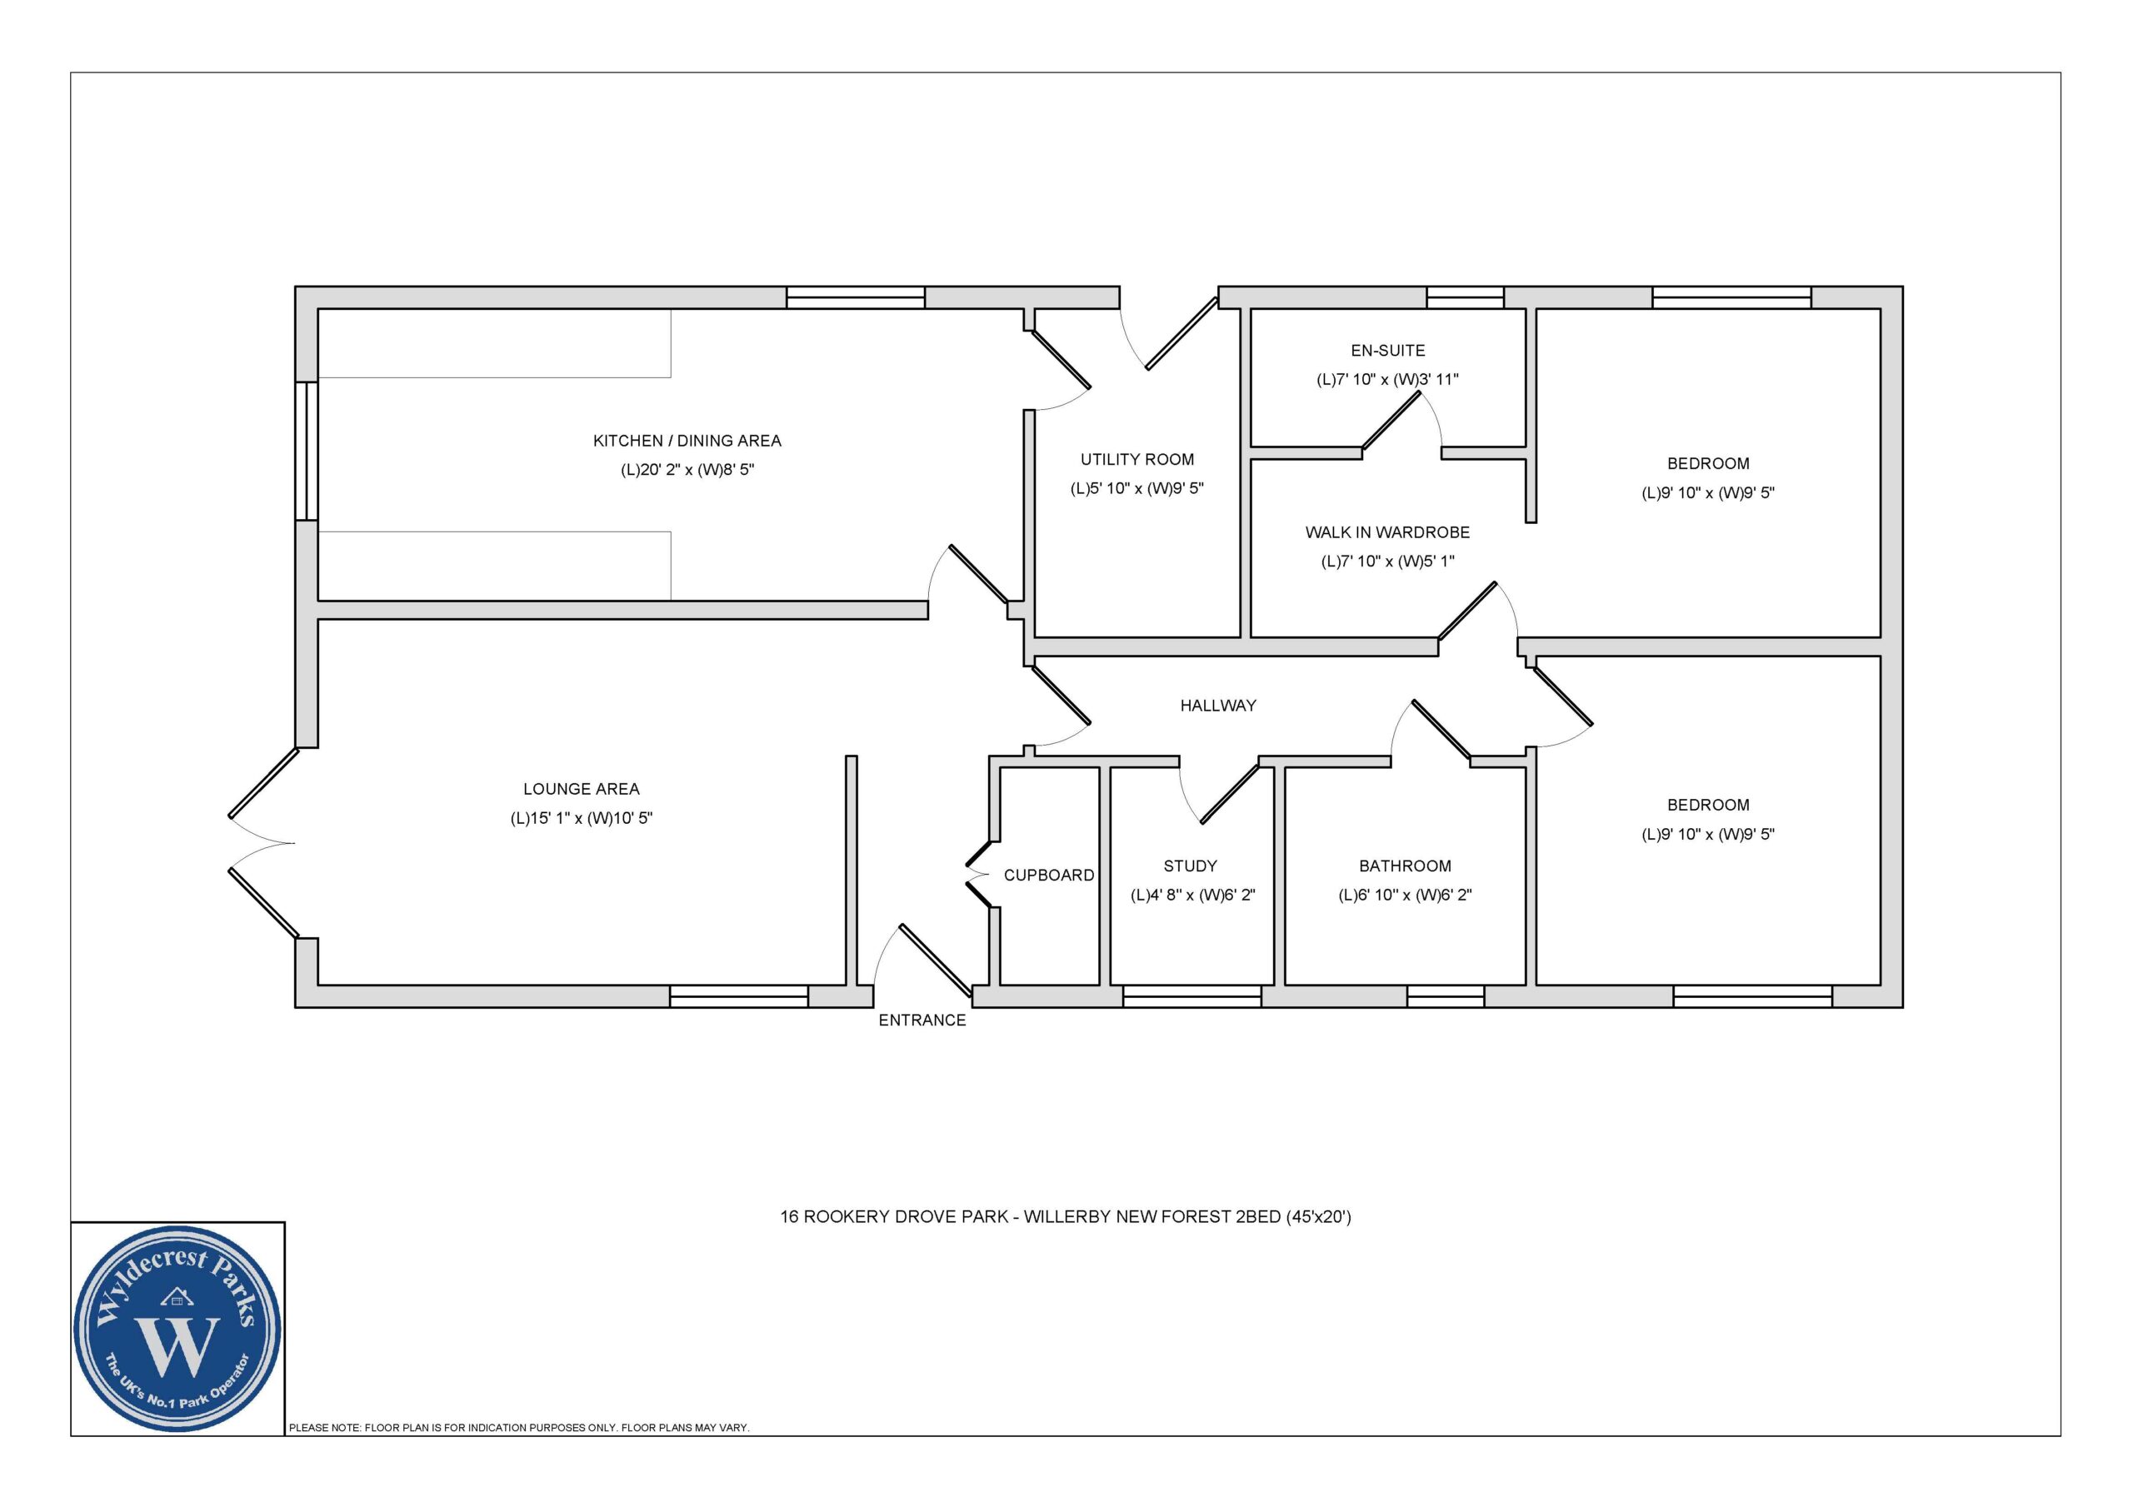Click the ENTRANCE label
(922, 1020)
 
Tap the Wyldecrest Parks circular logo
(177, 1329)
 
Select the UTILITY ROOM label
(1137, 459)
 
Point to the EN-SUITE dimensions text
(1387, 379)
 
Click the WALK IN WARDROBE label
(1387, 532)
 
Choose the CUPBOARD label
(1049, 876)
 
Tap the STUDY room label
(1190, 866)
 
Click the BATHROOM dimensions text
(1405, 895)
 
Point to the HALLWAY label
(1218, 706)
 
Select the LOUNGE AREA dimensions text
(582, 817)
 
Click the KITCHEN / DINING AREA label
(687, 441)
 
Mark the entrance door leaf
(936, 960)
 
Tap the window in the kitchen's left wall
(307, 451)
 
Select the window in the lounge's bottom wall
(738, 996)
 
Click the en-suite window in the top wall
(1465, 297)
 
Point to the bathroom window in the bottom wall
(1446, 996)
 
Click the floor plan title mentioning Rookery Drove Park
(1066, 1216)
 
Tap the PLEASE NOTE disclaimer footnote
(518, 1427)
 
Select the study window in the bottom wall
(1192, 996)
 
